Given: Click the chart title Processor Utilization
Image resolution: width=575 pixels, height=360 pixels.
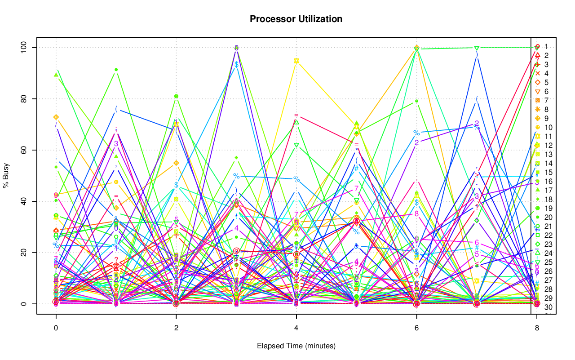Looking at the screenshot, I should click(296, 19).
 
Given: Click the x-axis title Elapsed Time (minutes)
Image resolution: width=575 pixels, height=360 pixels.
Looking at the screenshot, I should click(296, 346).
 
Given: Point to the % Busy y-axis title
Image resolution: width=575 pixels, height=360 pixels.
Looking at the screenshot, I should click(7, 175).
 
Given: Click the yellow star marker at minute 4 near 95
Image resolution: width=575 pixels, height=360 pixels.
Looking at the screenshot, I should click(296, 61).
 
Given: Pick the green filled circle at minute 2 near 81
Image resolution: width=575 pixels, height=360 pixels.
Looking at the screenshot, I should click(176, 96).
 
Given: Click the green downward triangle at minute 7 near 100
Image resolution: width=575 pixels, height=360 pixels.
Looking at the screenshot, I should click(477, 48).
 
